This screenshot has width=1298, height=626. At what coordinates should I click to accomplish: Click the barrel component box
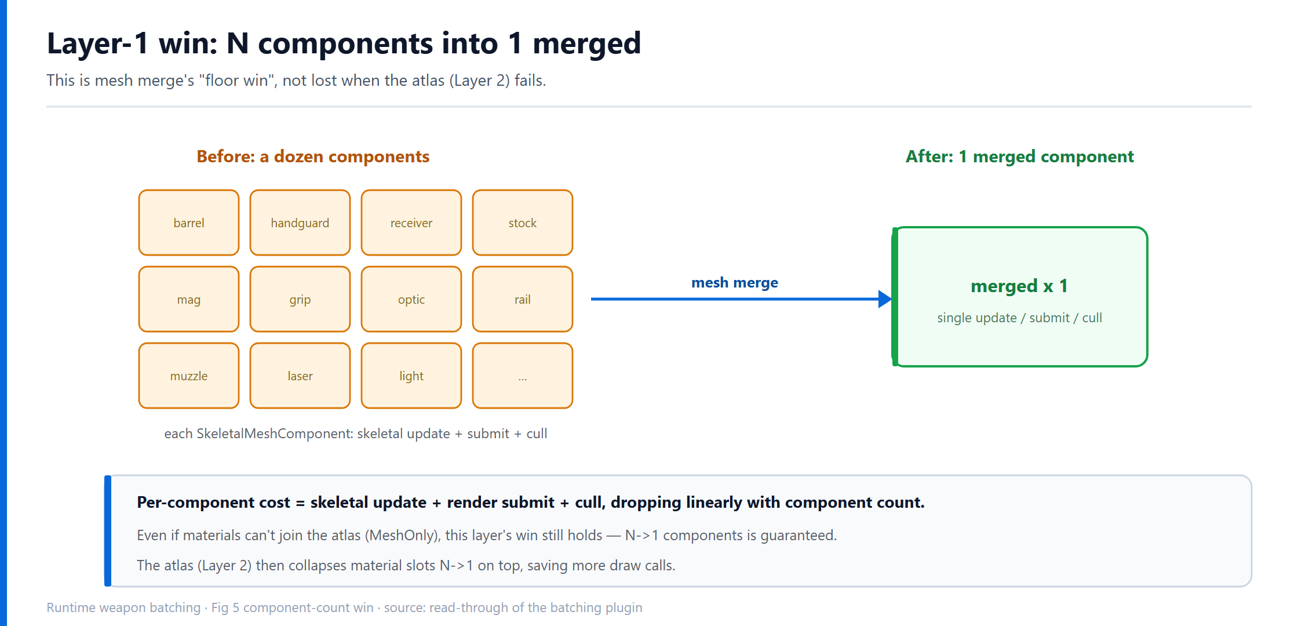coord(189,223)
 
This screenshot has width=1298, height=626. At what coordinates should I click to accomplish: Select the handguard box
coord(300,223)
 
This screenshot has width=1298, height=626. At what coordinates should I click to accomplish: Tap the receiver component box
coord(411,223)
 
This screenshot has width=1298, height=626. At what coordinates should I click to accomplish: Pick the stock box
coord(523,223)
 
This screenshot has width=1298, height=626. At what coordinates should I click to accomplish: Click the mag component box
coord(189,299)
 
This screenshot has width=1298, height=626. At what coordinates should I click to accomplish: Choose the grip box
coord(300,299)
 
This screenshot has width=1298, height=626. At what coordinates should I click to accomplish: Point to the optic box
coord(411,299)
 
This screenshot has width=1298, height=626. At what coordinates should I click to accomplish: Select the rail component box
coord(523,299)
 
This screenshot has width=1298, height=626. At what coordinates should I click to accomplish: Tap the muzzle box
coord(189,376)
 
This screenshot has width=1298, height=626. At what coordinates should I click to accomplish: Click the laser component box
coord(300,376)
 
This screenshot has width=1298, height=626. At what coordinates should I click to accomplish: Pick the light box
coord(411,376)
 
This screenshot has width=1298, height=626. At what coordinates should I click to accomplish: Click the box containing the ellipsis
coord(523,376)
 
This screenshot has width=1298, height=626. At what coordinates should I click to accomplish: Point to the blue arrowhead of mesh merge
coord(885,299)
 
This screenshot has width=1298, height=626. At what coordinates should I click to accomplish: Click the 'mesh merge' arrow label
coord(735,283)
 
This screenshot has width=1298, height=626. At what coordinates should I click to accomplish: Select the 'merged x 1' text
coord(1019,286)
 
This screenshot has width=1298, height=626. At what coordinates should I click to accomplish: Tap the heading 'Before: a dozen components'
coord(313,156)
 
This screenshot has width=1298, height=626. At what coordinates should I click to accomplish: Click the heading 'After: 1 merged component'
coord(1020,156)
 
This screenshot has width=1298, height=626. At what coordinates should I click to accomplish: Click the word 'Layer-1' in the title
coord(98,44)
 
